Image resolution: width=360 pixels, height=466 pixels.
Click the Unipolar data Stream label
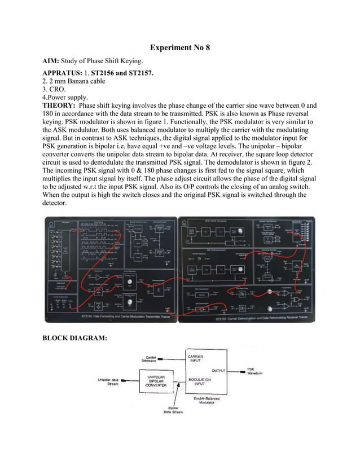[108, 382]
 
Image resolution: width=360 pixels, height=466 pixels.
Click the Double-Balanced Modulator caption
[207, 401]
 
